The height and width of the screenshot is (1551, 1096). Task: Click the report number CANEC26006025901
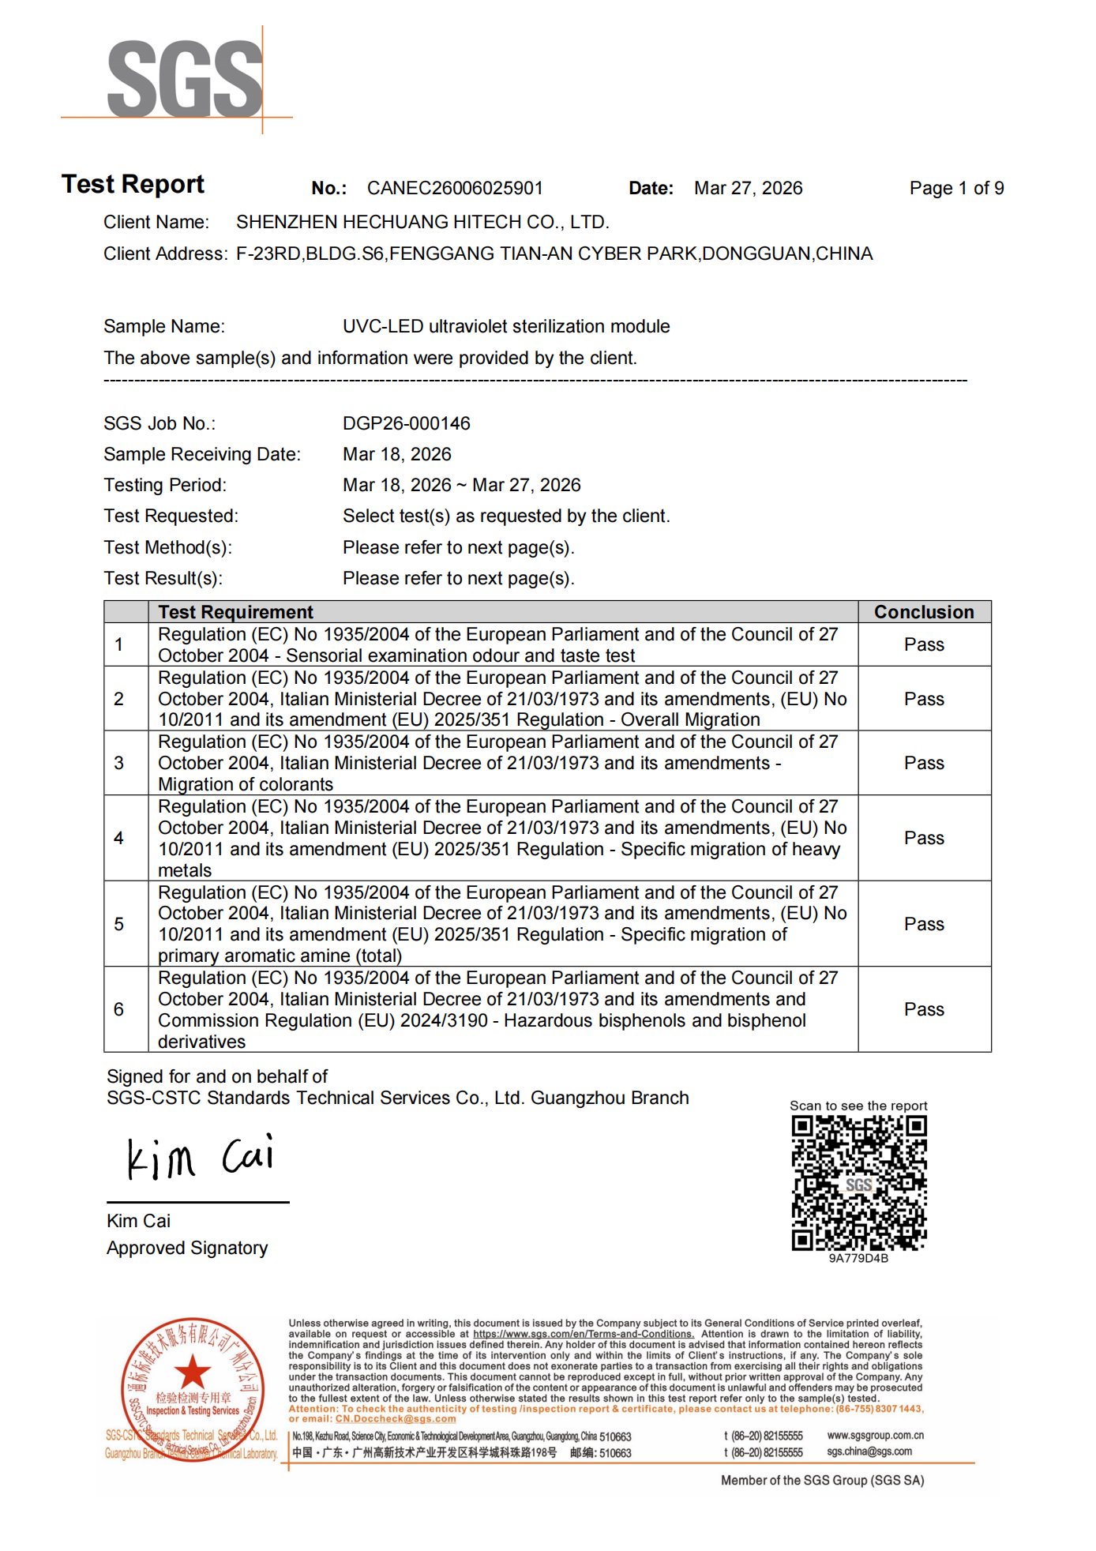455,188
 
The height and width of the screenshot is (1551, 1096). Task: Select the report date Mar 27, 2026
748,188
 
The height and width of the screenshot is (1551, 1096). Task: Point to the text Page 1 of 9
956,188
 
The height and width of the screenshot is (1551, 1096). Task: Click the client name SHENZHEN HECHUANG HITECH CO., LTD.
422,222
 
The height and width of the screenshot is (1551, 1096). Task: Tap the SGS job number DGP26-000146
406,423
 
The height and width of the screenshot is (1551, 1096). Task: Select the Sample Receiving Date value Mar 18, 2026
396,454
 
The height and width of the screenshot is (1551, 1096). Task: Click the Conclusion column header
924,612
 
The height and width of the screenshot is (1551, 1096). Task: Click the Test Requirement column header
235,612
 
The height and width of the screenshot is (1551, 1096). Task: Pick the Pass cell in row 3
924,763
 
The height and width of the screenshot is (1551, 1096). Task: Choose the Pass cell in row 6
924,1009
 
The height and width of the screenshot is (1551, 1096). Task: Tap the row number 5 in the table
119,924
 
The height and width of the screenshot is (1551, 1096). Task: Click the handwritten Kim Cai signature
201,1158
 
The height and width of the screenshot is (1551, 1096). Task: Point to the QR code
859,1182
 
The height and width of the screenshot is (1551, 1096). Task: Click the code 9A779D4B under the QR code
858,1258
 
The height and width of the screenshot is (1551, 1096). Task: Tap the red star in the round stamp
192,1372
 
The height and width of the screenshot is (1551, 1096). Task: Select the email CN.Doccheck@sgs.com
396,1419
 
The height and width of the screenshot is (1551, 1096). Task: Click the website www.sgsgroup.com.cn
875,1435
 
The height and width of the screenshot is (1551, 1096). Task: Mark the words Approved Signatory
187,1248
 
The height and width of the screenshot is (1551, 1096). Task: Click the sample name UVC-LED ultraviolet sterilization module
506,326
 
